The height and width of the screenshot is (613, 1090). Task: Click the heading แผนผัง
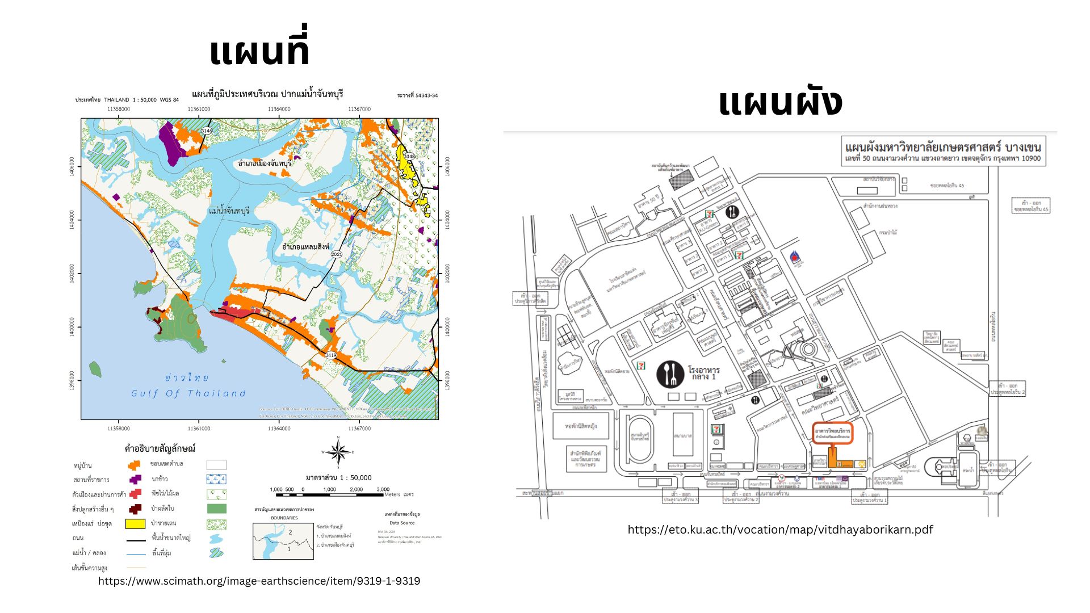pyautogui.click(x=780, y=103)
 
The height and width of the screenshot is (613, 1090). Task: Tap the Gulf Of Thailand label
pyautogui.click(x=188, y=393)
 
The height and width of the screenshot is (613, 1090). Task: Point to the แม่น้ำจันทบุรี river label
pyautogui.click(x=229, y=211)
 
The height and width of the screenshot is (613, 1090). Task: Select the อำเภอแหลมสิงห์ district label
pyautogui.click(x=305, y=247)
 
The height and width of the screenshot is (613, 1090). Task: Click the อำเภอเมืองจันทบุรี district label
pyautogui.click(x=265, y=163)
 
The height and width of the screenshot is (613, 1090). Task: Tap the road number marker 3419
pyautogui.click(x=330, y=355)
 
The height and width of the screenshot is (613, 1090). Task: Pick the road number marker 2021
pyautogui.click(x=337, y=254)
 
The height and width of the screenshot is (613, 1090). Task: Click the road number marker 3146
pyautogui.click(x=206, y=131)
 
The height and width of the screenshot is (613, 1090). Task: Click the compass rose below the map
pyautogui.click(x=338, y=452)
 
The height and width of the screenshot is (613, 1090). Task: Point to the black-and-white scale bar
pyautogui.click(x=329, y=494)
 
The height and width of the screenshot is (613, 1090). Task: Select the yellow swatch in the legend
pyautogui.click(x=135, y=523)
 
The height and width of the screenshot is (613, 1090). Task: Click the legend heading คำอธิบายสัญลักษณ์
pyautogui.click(x=160, y=448)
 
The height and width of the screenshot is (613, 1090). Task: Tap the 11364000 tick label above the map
pyautogui.click(x=279, y=109)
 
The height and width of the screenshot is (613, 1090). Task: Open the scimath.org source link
pyautogui.click(x=259, y=581)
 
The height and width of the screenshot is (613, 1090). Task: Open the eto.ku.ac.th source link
pyautogui.click(x=780, y=530)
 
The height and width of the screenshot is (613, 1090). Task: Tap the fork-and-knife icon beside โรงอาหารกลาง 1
pyautogui.click(x=670, y=374)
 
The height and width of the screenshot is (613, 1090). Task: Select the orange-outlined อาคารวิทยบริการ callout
pyautogui.click(x=832, y=434)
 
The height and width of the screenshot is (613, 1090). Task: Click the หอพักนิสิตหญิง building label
pyautogui.click(x=581, y=426)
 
